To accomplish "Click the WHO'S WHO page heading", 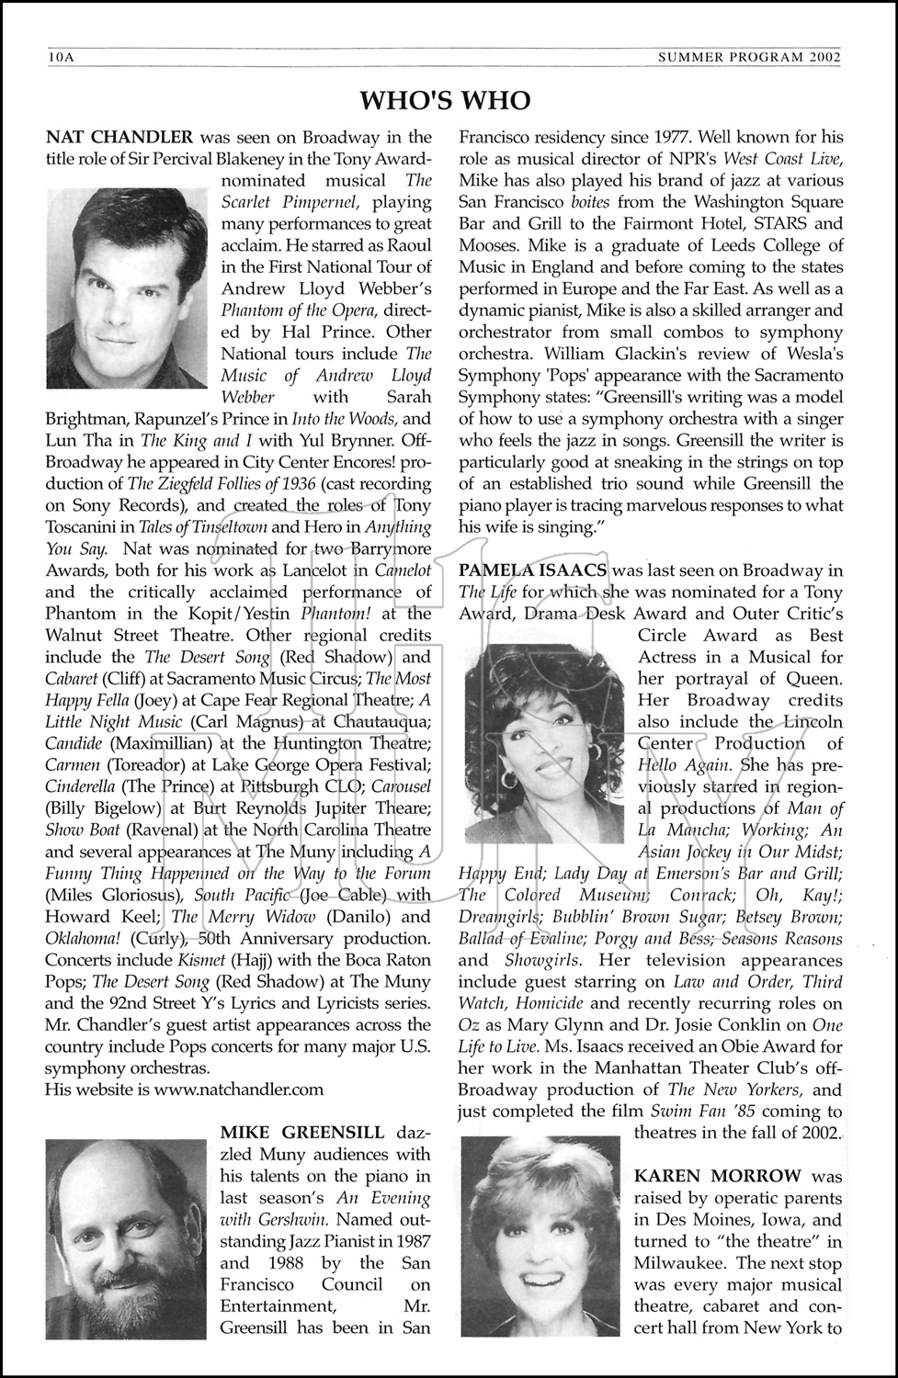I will [444, 100].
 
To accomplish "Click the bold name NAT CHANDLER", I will [119, 138].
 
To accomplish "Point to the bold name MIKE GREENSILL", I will [302, 1132].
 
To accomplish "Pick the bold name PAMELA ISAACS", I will [531, 570].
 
